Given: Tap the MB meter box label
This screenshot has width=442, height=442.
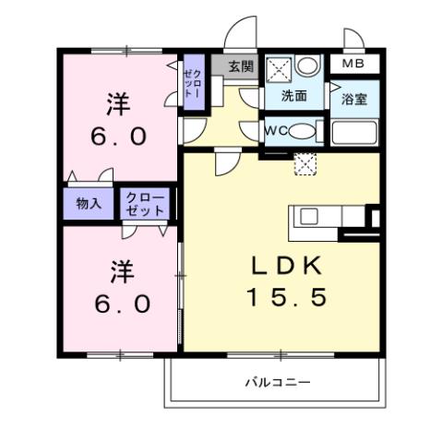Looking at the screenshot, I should coord(353,64).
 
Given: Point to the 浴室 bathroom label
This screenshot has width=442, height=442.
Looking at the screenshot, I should coord(354,99).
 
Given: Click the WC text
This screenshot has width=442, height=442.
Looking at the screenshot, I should coord(276,130).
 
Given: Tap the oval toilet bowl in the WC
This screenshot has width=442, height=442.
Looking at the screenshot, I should coord(302,131).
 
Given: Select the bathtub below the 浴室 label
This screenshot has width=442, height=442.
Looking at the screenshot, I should coord(354,134).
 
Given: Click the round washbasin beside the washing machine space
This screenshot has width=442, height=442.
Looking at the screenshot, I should coord(308,66).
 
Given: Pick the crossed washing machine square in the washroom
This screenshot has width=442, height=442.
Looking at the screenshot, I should coord(281,68).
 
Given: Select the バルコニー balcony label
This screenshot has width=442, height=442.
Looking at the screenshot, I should coord(277,381).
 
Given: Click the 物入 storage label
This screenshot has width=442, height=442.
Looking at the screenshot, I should coord(89,204).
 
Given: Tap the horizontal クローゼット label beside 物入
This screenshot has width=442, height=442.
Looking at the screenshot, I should coord(144,204).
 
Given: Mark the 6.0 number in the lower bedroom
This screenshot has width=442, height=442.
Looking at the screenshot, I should coord(120,304).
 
